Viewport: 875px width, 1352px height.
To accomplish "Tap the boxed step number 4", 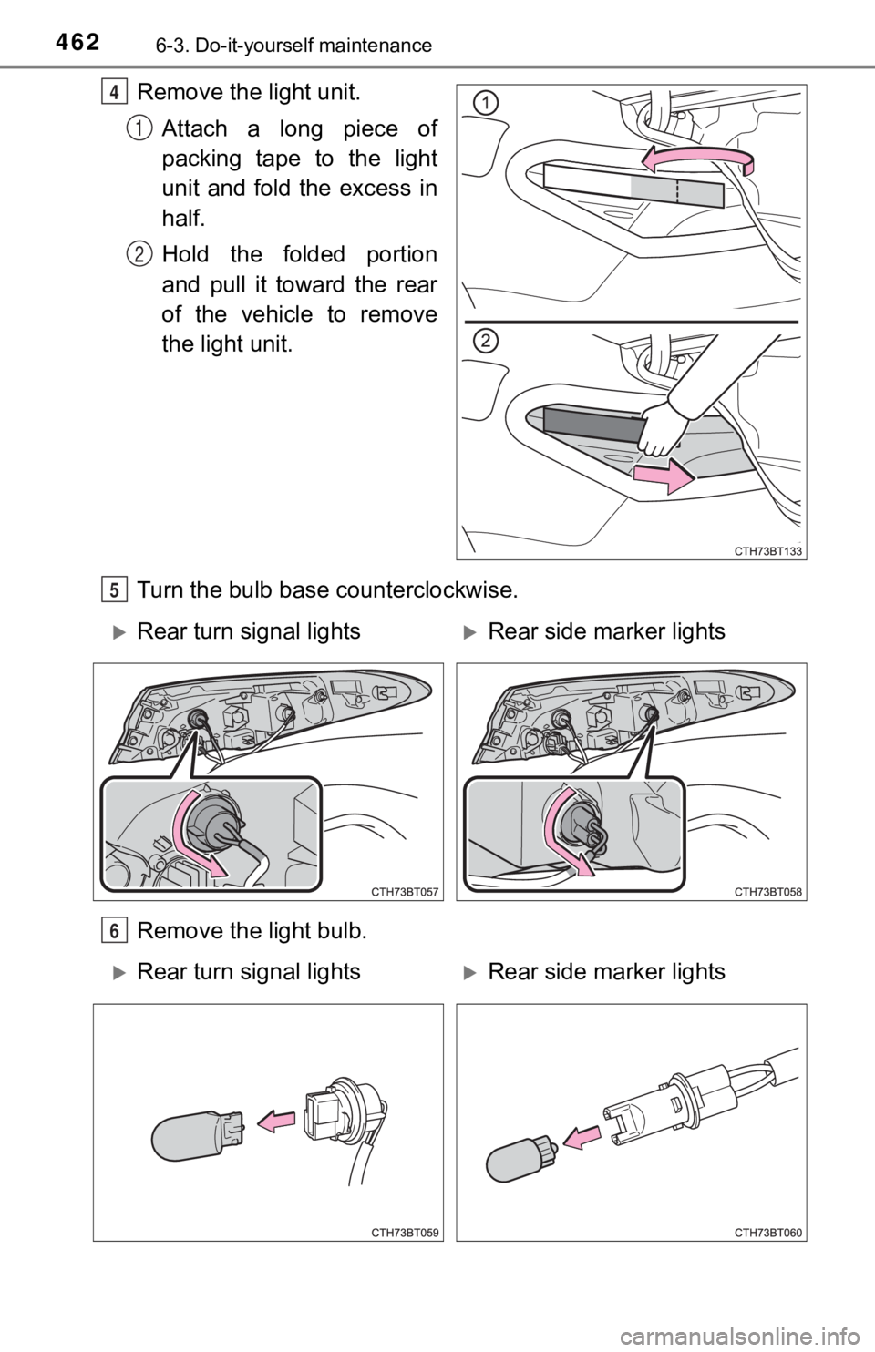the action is coord(114,94).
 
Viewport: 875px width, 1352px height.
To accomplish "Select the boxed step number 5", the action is coord(114,589).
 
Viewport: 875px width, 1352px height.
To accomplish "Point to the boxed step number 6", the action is coord(114,931).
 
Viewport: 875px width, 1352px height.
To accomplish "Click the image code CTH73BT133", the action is coord(768,550).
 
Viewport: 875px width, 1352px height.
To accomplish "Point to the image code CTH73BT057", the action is coord(405,892).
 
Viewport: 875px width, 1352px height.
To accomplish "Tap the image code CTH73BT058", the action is coord(768,892).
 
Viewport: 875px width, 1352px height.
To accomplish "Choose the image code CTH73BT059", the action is coord(405,1233).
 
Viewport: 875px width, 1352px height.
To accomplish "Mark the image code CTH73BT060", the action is coord(768,1233).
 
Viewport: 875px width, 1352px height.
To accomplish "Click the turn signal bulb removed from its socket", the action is coord(198,1133).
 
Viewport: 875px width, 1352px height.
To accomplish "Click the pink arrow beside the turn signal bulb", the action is coord(275,1122).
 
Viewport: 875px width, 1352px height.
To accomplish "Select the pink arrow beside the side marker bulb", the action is coord(582,1138).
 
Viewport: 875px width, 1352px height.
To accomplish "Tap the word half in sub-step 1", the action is coord(183,218).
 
